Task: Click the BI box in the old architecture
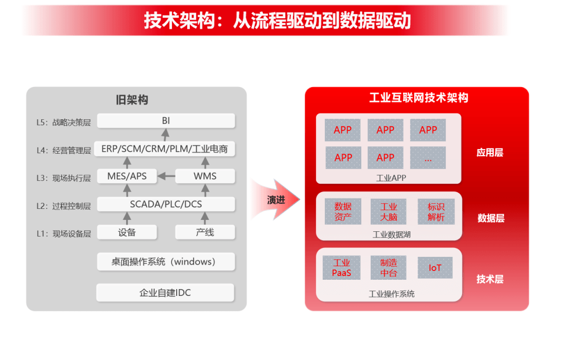point(166,120)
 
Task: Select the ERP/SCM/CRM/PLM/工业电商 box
point(164,148)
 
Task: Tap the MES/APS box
point(127,176)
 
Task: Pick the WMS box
point(205,176)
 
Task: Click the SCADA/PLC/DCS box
point(166,204)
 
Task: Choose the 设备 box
point(127,232)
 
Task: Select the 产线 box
point(205,232)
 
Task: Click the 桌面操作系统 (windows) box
point(166,262)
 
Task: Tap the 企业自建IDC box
point(165,293)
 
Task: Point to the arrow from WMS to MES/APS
point(166,176)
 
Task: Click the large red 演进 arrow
point(276,200)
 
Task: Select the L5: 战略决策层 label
point(64,122)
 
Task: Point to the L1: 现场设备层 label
point(64,233)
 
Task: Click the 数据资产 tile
point(343,212)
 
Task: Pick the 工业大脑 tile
point(388,212)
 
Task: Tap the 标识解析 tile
point(436,212)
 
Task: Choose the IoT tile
point(435,268)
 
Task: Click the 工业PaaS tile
point(341,268)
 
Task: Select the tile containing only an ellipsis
point(428,157)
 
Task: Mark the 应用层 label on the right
point(489,153)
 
